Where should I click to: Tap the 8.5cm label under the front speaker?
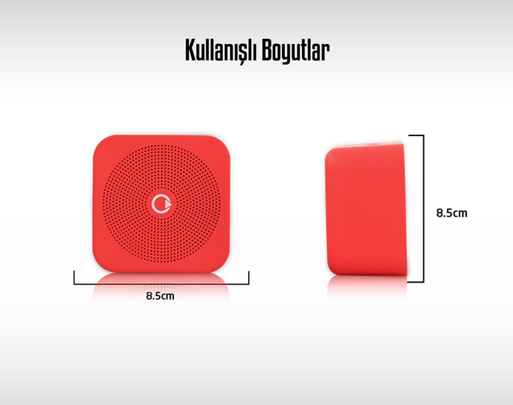click(x=160, y=296)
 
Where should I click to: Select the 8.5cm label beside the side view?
click(x=452, y=213)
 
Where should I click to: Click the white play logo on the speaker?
click(x=162, y=204)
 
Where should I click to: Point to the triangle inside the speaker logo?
click(x=168, y=204)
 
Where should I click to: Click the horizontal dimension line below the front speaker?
click(x=161, y=284)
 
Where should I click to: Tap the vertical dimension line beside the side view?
click(x=423, y=208)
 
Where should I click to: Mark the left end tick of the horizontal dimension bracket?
click(x=74, y=277)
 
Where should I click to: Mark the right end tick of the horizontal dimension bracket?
click(x=249, y=277)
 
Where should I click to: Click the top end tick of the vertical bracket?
click(x=416, y=135)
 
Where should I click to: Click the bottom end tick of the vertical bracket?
click(x=416, y=282)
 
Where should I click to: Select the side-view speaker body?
click(x=366, y=209)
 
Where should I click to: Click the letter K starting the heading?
click(x=190, y=50)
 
